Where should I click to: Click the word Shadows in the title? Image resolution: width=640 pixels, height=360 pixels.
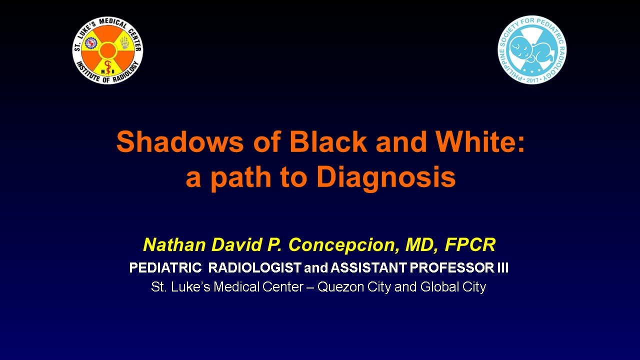[x=180, y=142]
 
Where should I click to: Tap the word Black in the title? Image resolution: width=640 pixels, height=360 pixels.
[x=328, y=142]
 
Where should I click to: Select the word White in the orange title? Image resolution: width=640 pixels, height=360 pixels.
[x=479, y=142]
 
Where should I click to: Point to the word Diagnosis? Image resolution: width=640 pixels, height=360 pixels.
[x=386, y=177]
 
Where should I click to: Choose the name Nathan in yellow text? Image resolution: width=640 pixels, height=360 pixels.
[x=174, y=245]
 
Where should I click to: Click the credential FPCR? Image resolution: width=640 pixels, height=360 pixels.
[x=470, y=245]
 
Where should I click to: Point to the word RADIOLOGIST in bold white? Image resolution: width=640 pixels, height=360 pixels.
[x=254, y=268]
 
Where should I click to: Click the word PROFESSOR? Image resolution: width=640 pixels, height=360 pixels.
[x=451, y=268]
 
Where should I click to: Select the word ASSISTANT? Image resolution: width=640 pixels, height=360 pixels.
[x=368, y=268]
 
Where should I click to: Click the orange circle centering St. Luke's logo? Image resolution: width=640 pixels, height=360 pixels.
[x=107, y=50]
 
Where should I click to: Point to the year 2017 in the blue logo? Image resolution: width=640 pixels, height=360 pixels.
[x=532, y=80]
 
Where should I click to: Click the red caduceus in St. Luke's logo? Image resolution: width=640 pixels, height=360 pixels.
[x=107, y=67]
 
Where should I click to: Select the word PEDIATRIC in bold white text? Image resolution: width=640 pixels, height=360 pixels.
[x=165, y=268]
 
